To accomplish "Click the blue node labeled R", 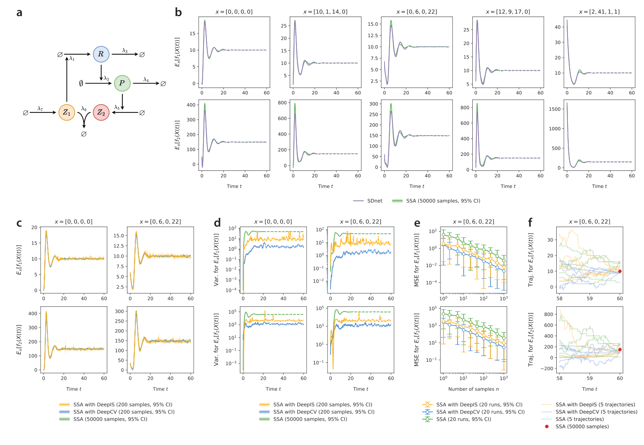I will tap(101, 54).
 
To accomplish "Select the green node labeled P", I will tap(122, 83).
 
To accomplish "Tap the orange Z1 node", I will tap(67, 112).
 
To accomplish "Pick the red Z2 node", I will tap(101, 112).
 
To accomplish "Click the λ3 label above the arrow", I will tap(125, 50).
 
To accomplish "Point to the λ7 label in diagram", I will tap(40, 108).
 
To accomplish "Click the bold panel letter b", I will tap(178, 12).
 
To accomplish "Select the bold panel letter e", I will tap(417, 223).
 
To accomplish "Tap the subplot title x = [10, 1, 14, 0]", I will tap(325, 12).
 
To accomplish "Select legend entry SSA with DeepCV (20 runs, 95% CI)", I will tap(480, 412).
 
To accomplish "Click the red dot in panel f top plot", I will tap(620, 271).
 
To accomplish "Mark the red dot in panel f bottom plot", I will tap(620, 349).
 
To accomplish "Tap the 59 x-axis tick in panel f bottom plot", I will tap(589, 378).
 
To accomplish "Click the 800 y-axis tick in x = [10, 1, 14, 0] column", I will tap(282, 103).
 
